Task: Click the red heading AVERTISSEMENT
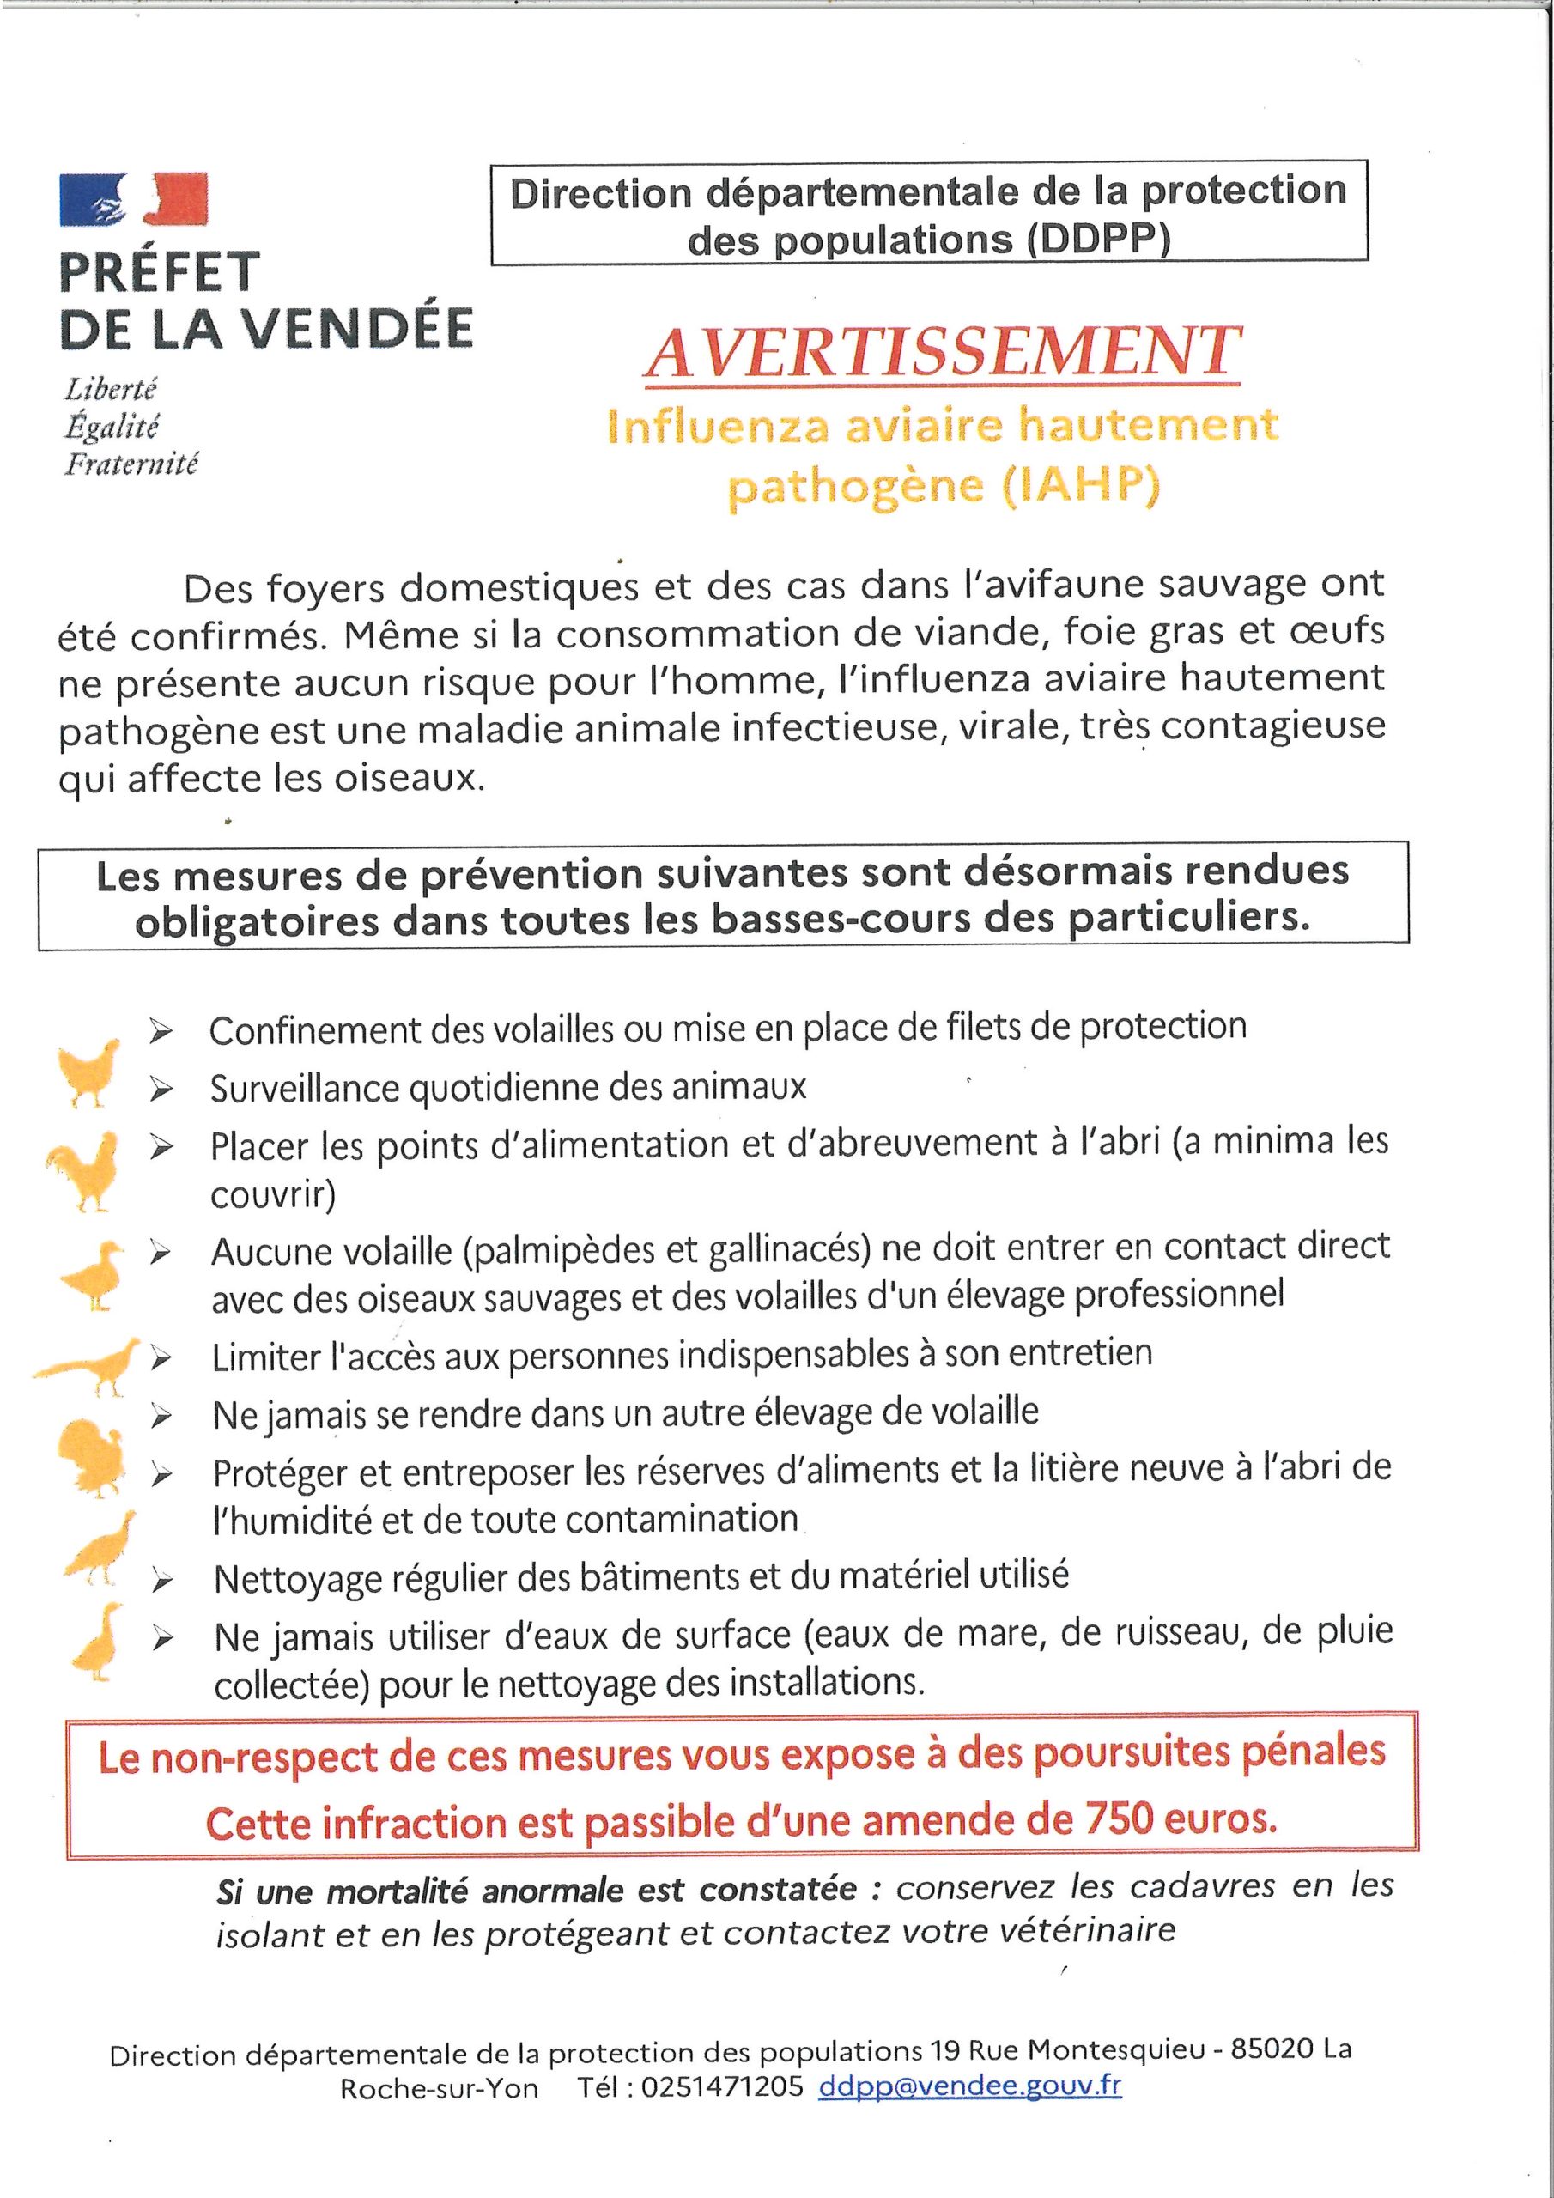point(943,351)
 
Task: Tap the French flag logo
point(133,200)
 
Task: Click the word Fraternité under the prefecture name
point(131,465)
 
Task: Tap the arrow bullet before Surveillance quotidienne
point(161,1090)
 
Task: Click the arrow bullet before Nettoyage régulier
point(163,1584)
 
